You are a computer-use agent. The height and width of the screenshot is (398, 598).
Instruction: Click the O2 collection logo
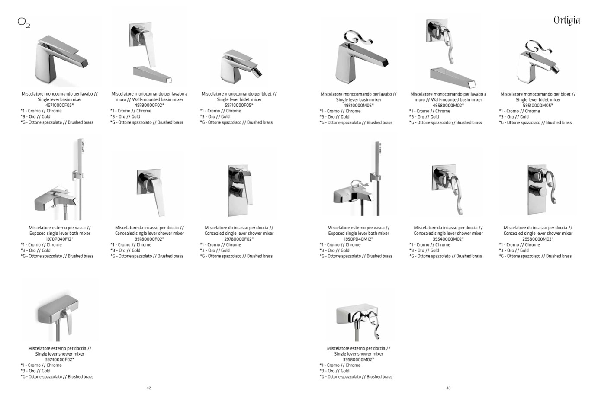click(24, 22)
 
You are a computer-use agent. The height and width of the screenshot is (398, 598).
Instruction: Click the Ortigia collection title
click(566, 20)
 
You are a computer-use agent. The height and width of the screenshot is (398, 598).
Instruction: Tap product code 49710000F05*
click(60, 105)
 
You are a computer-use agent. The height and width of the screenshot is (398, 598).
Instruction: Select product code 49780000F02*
click(149, 105)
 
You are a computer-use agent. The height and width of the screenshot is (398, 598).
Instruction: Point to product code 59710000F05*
click(239, 105)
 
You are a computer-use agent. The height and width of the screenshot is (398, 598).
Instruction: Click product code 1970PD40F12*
click(60, 239)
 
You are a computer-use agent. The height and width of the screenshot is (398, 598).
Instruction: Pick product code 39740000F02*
click(60, 359)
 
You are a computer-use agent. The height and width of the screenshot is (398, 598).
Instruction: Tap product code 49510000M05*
click(359, 106)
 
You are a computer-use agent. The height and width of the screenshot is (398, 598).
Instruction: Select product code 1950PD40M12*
click(359, 239)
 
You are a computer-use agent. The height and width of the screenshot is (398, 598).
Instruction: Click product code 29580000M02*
click(538, 239)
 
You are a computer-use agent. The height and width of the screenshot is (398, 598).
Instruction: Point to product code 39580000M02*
click(359, 359)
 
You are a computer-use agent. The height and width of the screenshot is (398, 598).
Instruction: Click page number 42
click(149, 388)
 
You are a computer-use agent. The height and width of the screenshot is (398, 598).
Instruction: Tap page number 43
click(448, 388)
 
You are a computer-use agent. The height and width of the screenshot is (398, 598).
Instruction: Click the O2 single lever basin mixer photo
click(61, 59)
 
